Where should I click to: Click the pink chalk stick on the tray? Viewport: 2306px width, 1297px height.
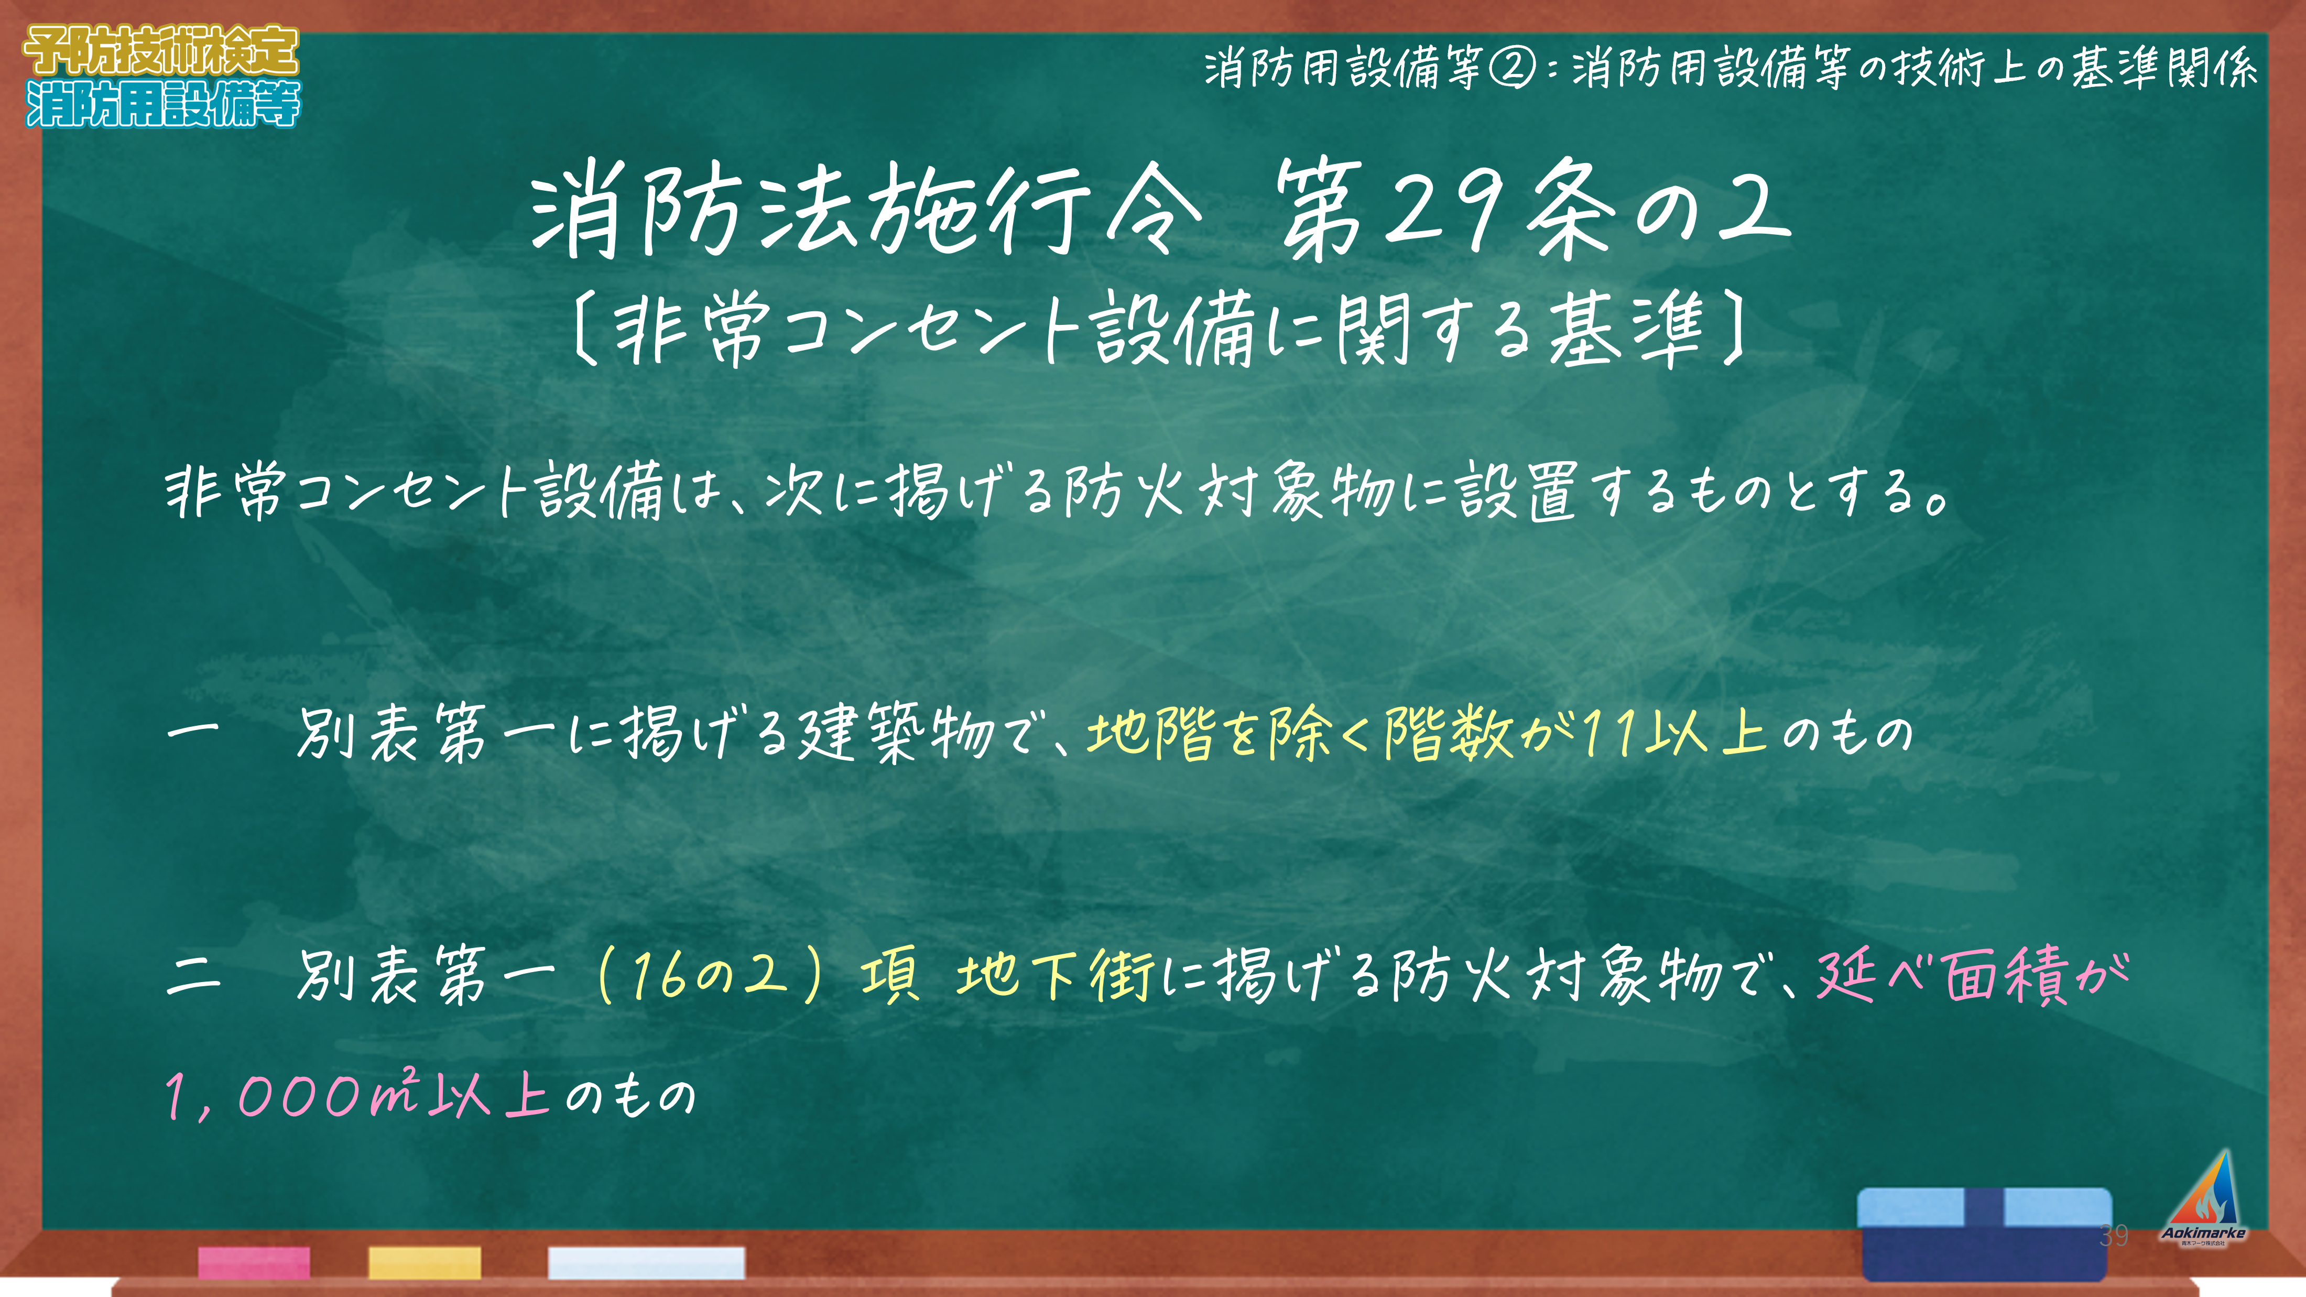254,1262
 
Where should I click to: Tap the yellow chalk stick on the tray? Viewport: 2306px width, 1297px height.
425,1262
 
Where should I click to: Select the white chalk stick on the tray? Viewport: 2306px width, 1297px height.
646,1262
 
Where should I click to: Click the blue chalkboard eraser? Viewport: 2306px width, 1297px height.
1985,1234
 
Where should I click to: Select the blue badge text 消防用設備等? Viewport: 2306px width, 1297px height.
163,104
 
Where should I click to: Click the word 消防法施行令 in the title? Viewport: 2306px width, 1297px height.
864,210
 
